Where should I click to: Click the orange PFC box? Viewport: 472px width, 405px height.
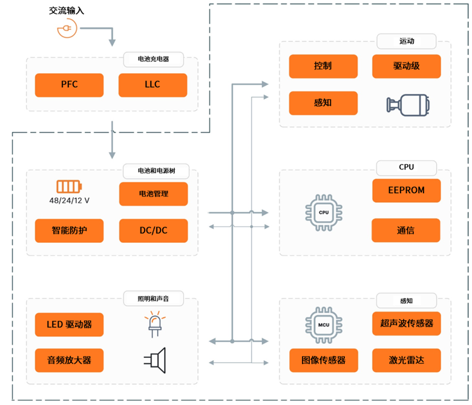point(70,85)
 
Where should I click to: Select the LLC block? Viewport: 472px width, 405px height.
point(152,85)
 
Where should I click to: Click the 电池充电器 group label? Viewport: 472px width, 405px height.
point(154,59)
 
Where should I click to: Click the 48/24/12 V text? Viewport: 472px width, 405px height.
point(70,200)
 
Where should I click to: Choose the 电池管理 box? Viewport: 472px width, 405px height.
point(153,194)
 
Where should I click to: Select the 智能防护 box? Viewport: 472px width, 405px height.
point(70,231)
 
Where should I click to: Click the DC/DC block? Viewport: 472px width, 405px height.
point(153,231)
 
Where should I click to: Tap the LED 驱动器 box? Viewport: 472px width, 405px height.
point(70,324)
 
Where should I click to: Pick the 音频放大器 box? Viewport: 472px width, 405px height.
point(70,360)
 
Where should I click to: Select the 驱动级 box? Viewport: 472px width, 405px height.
point(406,66)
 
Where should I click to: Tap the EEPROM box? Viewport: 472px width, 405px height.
point(406,190)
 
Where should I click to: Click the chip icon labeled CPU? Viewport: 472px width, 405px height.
point(324,212)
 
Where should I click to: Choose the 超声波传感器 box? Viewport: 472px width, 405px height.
point(406,323)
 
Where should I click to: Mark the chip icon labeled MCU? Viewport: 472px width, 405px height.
point(324,324)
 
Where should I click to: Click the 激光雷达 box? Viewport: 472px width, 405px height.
point(406,360)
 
